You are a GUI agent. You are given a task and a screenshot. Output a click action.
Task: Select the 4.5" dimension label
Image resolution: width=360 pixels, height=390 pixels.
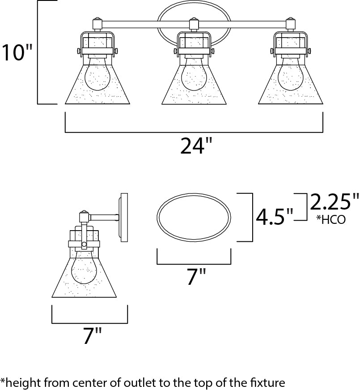[x=274, y=217]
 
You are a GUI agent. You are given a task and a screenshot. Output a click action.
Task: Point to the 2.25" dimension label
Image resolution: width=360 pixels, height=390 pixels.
[x=335, y=203]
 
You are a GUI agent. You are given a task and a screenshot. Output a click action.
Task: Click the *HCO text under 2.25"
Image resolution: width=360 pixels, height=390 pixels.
[x=330, y=220]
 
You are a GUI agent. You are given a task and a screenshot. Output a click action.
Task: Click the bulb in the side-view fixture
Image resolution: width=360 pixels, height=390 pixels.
[x=85, y=267]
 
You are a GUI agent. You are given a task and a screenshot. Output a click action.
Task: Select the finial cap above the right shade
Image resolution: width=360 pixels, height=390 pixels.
[x=291, y=22]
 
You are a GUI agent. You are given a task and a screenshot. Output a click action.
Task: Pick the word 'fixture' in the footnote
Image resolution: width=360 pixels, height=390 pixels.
[x=270, y=383]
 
